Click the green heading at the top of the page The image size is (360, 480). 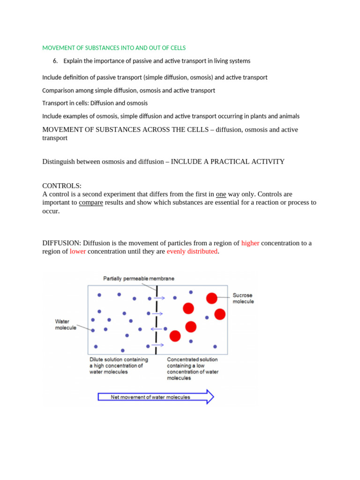114,48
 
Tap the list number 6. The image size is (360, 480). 55,61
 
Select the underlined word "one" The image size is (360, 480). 221,194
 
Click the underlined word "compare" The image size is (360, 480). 90,202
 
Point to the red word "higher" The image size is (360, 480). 250,243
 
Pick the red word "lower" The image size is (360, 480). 77,251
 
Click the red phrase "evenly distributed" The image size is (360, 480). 192,251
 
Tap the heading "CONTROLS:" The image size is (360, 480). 62,186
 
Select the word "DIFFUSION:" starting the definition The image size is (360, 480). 62,243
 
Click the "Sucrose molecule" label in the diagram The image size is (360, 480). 243,299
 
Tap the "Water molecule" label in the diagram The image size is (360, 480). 66,324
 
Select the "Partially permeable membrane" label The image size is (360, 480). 139,278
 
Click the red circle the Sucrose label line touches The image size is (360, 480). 212,298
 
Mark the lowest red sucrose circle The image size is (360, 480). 175,336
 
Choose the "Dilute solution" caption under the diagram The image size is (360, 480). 118,366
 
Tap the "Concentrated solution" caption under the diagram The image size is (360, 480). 193,368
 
